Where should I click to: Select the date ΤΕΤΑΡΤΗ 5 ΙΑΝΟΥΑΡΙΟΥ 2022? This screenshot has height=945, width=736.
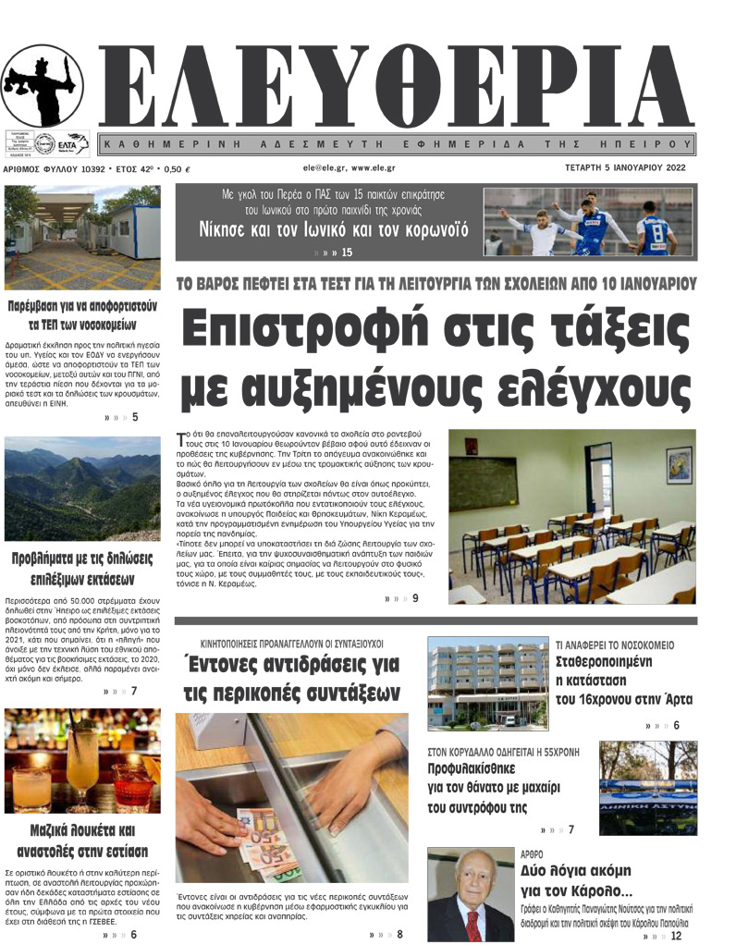coord(630,169)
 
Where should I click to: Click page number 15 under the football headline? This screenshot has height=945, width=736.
coord(347,252)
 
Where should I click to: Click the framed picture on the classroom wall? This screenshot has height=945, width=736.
coord(679,464)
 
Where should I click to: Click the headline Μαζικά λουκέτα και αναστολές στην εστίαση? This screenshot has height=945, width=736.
coord(82,840)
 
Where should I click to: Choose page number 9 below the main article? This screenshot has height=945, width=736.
coord(415,598)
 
